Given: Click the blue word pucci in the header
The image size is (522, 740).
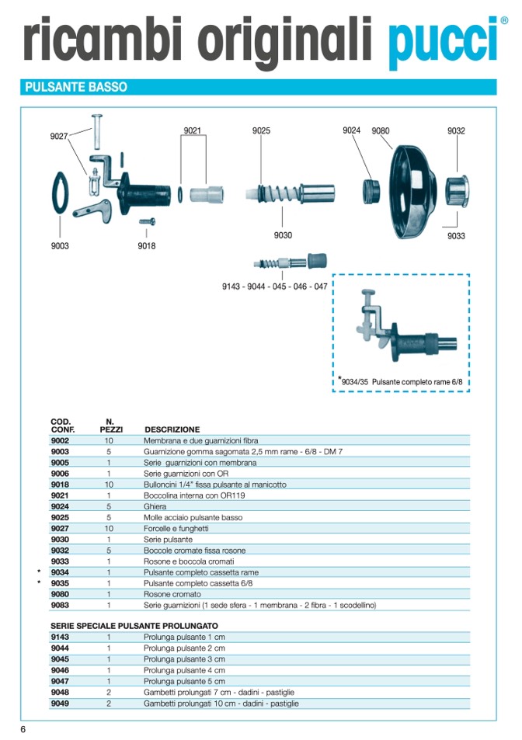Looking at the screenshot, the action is (443, 43).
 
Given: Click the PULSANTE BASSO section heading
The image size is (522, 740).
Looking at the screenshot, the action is (76, 87).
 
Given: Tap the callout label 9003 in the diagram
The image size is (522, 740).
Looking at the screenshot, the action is (60, 246).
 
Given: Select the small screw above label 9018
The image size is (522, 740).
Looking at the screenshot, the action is (148, 221).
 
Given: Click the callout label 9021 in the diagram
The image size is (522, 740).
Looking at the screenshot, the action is (192, 130).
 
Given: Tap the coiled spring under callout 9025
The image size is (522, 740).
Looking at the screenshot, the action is (279, 193).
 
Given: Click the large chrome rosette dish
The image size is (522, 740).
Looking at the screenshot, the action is (414, 192).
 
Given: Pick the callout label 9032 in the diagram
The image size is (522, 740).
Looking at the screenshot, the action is (456, 130).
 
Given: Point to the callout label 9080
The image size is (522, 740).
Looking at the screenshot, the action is (381, 130).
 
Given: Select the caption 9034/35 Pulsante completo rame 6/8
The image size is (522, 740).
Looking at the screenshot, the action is (402, 382).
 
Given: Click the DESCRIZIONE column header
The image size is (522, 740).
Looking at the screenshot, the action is (172, 429).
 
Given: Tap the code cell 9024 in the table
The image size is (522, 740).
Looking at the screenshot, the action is (60, 506).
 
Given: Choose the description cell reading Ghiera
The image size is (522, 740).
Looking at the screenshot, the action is (155, 506).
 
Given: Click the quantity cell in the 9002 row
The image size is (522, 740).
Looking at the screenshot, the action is (109, 441).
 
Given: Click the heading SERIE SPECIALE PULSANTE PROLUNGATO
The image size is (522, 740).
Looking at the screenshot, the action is (134, 626).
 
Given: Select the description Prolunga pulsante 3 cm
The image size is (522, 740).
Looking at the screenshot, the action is (184, 659).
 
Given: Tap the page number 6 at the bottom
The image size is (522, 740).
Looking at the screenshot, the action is (23, 729).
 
